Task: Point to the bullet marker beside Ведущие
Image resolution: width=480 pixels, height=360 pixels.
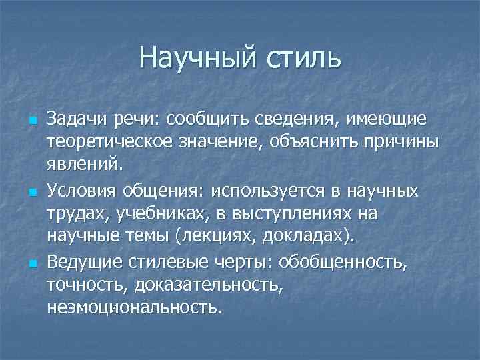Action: tap(31, 265)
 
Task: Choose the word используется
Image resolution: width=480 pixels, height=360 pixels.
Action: tap(271, 191)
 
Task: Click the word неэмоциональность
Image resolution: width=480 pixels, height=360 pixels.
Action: tap(133, 307)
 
